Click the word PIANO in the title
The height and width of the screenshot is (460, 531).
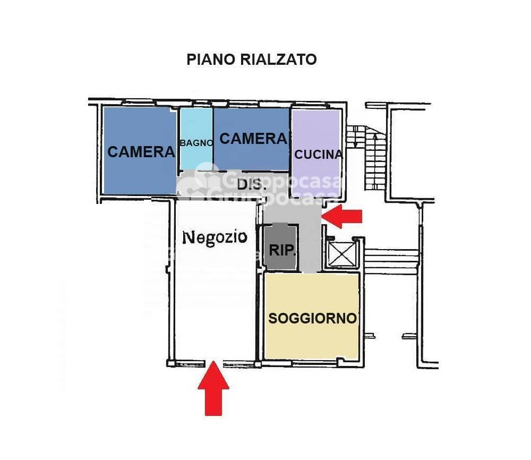pos(204,59)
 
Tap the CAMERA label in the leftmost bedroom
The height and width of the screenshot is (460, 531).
pos(141,152)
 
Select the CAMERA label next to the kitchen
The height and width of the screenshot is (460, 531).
pos(253,139)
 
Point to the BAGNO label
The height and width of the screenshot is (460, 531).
pos(196,142)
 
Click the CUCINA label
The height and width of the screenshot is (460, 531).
pos(319,155)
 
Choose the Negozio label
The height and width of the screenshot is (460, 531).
pos(215,236)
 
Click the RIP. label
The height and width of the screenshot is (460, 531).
pos(281,250)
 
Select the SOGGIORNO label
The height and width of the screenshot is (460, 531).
pos(312,318)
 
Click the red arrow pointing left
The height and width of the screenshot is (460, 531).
pos(342,216)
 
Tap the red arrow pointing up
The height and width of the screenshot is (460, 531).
pos(213,387)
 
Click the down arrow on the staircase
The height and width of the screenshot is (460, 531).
pos(355,139)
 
